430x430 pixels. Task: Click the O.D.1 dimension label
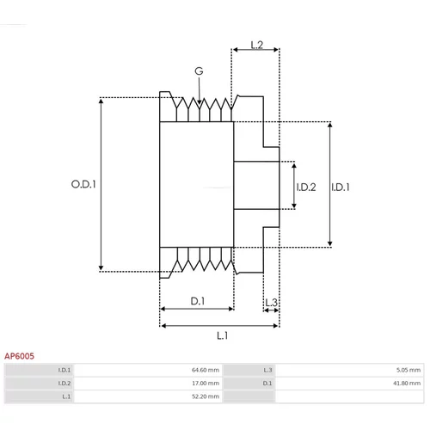(83, 184)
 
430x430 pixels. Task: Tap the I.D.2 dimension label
(306, 187)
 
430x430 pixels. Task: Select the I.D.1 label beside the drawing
(341, 187)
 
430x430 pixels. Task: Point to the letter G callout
(199, 71)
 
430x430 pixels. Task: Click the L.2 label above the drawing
(257, 45)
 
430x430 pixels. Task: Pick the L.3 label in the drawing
(271, 303)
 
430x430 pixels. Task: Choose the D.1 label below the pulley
(198, 301)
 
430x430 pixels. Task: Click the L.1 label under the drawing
(223, 335)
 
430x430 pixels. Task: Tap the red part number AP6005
(19, 356)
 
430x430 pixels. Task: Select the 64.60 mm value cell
(206, 370)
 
